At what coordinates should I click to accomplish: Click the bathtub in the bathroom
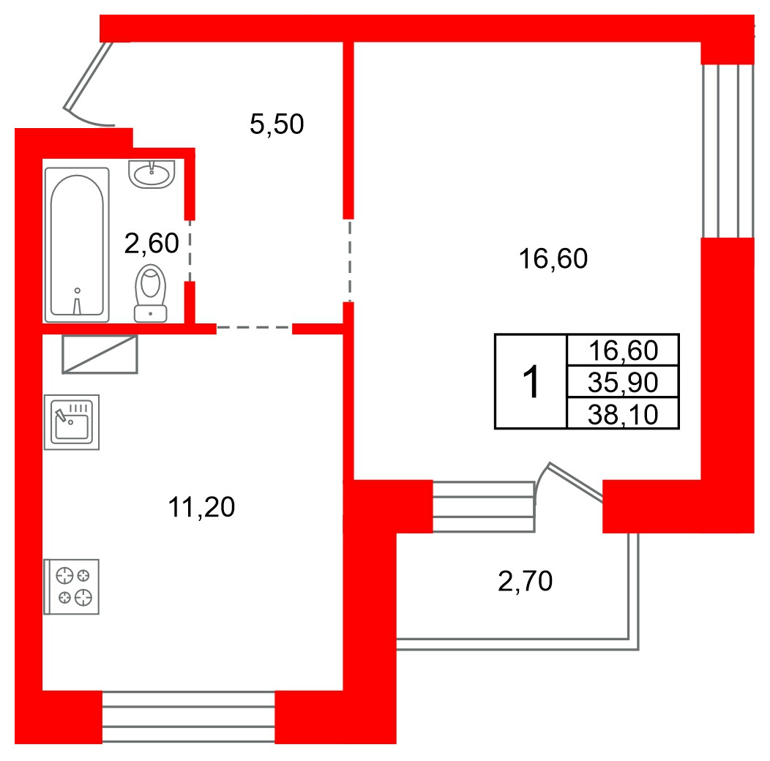[77, 245]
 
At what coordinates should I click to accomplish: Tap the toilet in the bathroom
[150, 293]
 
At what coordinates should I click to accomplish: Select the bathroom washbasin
[152, 174]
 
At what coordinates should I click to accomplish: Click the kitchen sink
[72, 422]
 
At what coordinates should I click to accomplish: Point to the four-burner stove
[72, 587]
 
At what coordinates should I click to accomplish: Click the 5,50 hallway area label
[277, 124]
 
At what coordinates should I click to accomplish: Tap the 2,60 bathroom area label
[152, 244]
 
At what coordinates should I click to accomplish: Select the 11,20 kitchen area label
[201, 507]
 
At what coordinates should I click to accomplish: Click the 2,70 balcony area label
[525, 581]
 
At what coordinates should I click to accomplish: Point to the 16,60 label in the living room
[553, 259]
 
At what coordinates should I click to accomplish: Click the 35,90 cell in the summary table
[623, 382]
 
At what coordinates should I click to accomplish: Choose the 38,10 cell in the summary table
[623, 414]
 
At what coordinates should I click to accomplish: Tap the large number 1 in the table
[531, 382]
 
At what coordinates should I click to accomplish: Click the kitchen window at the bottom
[189, 717]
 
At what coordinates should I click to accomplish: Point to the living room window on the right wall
[728, 151]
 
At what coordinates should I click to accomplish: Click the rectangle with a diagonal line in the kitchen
[100, 354]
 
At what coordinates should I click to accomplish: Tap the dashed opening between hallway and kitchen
[255, 328]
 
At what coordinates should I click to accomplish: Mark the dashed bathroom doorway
[190, 251]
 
